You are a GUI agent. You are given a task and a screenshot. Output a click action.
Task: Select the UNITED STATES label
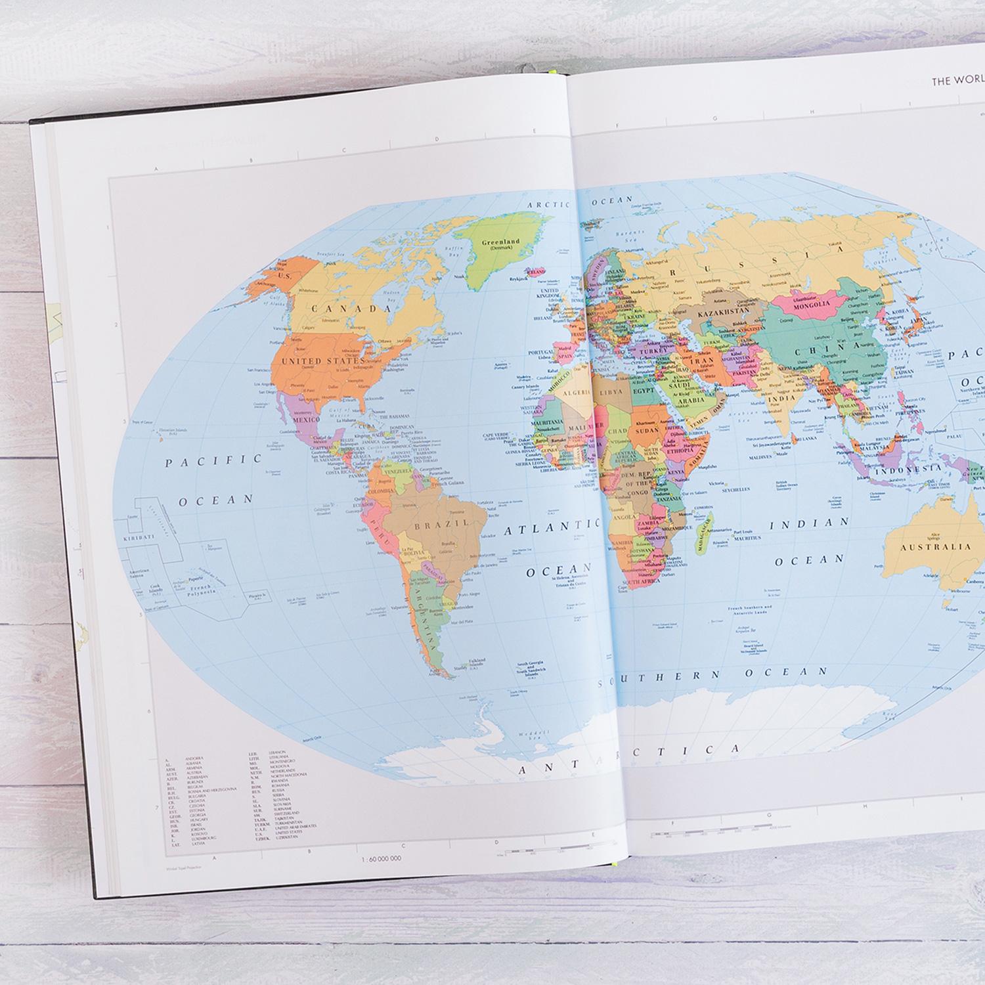pyautogui.click(x=322, y=361)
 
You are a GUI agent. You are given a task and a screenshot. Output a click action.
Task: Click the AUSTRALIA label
pyautogui.click(x=935, y=547)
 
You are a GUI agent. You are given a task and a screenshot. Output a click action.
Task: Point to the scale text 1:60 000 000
pyautogui.click(x=381, y=858)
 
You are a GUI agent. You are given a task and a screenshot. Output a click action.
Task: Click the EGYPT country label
pyautogui.click(x=645, y=390)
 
